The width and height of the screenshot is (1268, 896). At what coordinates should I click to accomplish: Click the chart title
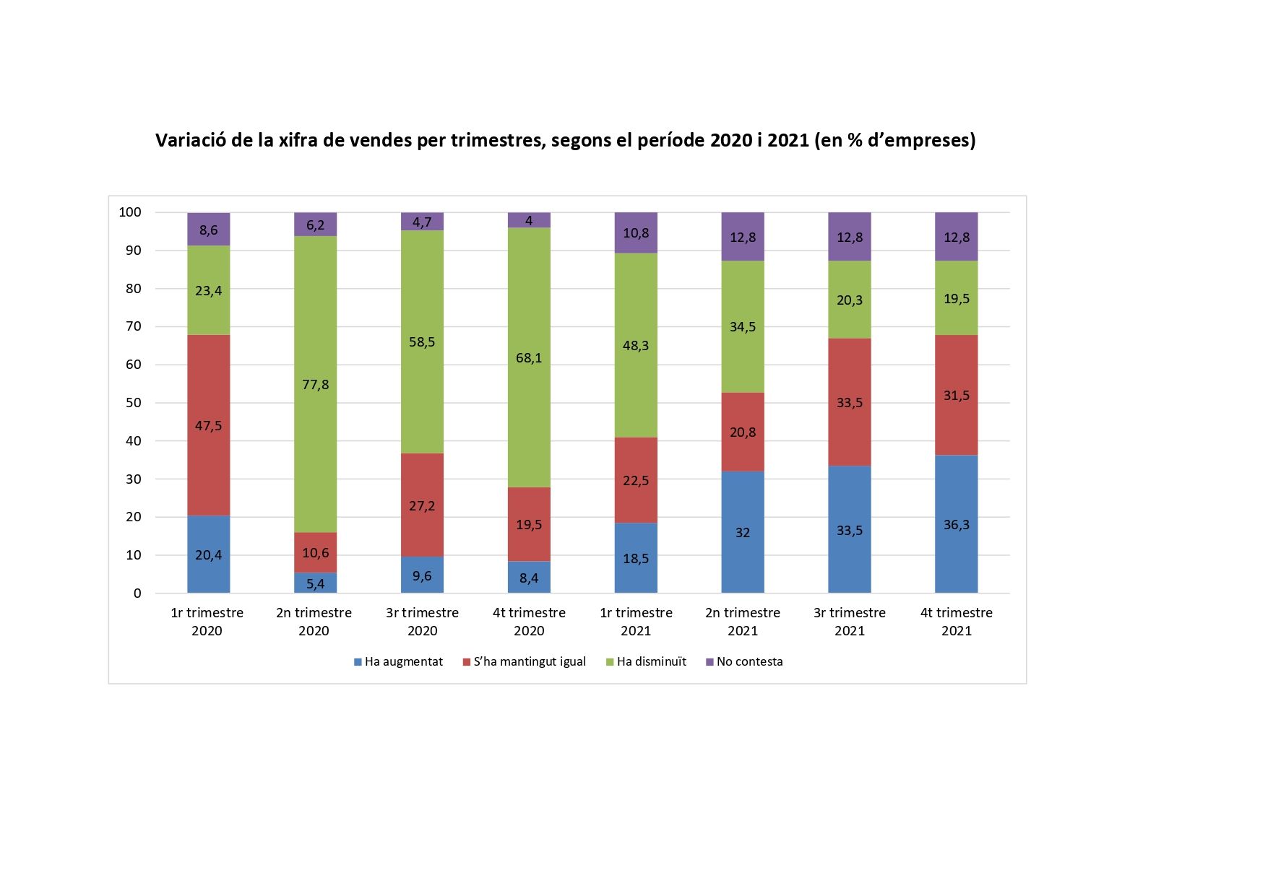click(x=565, y=140)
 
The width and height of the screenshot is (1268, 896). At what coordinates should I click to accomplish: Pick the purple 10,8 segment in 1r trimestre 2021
click(x=636, y=232)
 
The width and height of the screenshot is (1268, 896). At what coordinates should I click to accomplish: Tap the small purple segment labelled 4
click(x=529, y=220)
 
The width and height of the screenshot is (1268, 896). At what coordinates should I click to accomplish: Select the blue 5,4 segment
click(x=315, y=583)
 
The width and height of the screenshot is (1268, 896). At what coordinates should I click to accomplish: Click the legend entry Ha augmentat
click(x=398, y=661)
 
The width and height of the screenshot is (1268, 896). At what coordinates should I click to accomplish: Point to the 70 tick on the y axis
click(x=134, y=326)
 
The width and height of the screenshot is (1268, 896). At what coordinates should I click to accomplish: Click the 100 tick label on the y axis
click(x=130, y=212)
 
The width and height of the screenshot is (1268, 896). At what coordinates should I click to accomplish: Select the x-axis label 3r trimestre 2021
click(x=850, y=622)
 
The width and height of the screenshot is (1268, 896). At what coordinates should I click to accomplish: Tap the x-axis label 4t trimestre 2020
click(x=529, y=622)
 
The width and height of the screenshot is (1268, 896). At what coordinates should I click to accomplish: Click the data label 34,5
click(x=743, y=327)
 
